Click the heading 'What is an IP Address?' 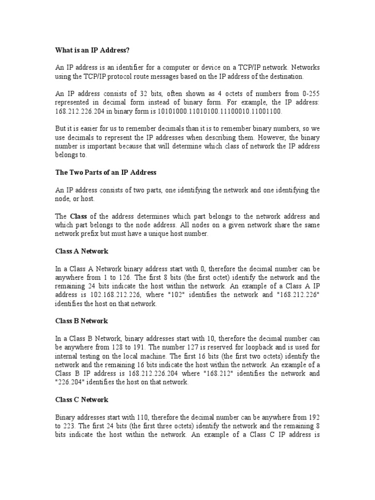[x=92, y=50]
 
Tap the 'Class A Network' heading [x=82, y=251]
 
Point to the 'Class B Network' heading [x=82, y=321]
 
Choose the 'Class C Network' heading [x=82, y=399]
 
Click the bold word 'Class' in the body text [x=78, y=216]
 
